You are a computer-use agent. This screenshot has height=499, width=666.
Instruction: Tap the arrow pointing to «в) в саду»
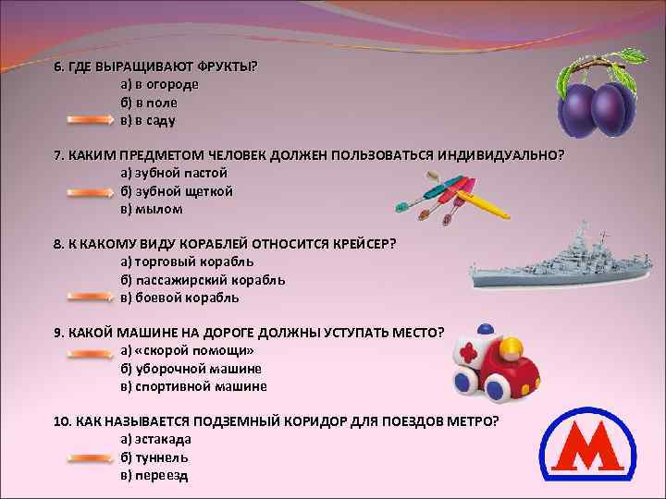click(x=88, y=120)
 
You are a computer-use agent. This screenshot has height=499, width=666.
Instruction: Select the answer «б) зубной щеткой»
click(x=176, y=191)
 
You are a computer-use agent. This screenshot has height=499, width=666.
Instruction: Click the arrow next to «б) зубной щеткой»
click(x=88, y=191)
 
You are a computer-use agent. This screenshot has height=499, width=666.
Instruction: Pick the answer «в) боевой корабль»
click(x=179, y=298)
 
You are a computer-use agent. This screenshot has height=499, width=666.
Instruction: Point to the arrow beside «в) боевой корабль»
click(x=88, y=298)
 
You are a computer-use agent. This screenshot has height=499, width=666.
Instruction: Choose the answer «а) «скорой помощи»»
click(x=187, y=351)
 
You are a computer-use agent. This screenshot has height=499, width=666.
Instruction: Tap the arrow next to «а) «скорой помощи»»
click(x=88, y=351)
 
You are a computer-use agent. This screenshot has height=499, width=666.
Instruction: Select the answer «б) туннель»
click(x=154, y=456)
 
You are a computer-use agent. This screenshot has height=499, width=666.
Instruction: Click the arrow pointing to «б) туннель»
click(x=88, y=456)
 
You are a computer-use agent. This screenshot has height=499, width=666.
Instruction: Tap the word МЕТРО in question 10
click(x=473, y=420)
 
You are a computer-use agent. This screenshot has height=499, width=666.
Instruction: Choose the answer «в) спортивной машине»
click(x=193, y=386)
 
